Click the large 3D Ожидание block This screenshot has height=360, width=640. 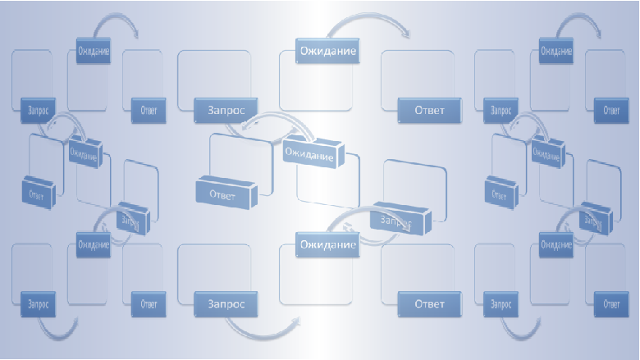click(x=310, y=153)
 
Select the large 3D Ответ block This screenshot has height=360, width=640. click(x=224, y=194)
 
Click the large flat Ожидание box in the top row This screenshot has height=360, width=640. click(x=327, y=52)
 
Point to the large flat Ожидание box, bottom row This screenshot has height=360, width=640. click(x=327, y=244)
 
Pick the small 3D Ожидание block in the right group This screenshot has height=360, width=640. click(x=547, y=151)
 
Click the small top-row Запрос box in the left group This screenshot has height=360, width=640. click(x=37, y=108)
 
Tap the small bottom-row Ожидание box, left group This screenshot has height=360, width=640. click(x=93, y=244)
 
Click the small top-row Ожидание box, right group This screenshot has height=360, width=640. click(x=556, y=52)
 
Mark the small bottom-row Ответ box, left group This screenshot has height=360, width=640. click(x=148, y=304)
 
